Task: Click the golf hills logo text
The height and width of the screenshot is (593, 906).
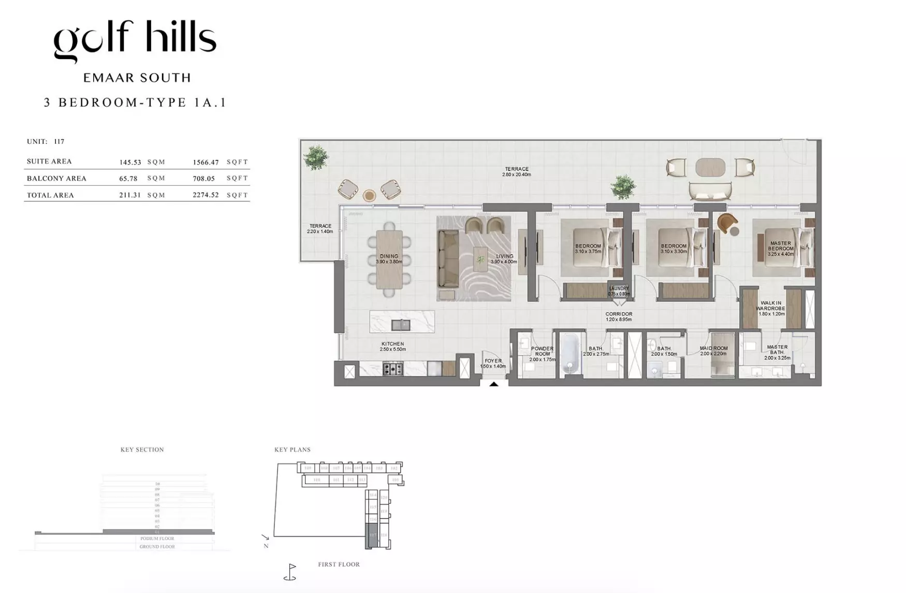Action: point(135,39)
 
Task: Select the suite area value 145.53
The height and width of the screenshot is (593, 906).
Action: point(130,162)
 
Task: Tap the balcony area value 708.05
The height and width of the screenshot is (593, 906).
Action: point(203,179)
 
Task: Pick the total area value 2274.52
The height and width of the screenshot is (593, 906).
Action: point(206,195)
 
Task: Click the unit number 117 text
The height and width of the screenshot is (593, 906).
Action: point(59,141)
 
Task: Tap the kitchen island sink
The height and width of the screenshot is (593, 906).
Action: point(400,325)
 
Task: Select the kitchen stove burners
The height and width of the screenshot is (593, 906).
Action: point(392,369)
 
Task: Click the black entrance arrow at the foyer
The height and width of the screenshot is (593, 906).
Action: point(493,384)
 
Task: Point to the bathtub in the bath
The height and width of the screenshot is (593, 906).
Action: point(570,353)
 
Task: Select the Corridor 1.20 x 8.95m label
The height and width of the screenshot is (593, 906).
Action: point(619,317)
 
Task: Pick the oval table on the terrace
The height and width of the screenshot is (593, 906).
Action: point(710,167)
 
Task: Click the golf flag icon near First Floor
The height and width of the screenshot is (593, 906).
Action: point(290,572)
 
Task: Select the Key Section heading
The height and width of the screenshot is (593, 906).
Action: point(142,450)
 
